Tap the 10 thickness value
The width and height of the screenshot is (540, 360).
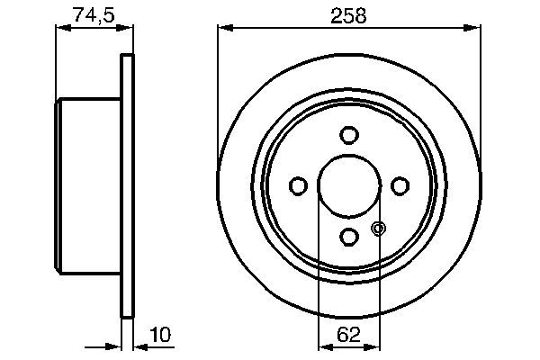tap(159, 334)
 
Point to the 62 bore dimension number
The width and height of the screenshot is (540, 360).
tap(350, 334)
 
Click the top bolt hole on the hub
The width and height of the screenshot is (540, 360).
tap(348, 135)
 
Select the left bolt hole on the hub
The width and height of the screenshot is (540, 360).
tap(298, 185)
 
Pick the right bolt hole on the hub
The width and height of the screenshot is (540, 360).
tap(399, 185)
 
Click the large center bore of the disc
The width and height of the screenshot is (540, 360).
tap(348, 185)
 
